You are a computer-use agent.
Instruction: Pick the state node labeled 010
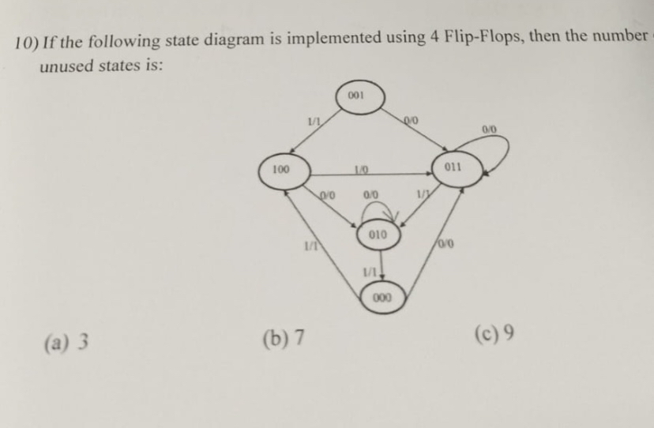(378, 235)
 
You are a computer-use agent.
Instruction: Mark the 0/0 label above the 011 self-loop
(489, 128)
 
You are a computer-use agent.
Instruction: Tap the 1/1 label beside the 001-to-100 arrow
(314, 119)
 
